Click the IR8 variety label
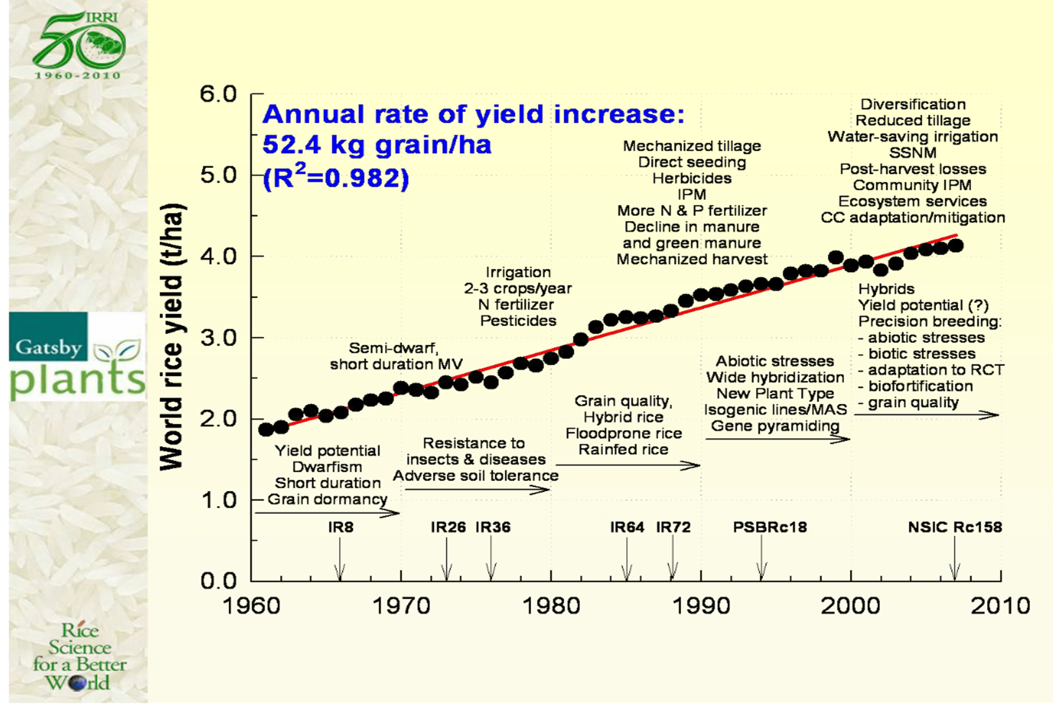click(x=340, y=527)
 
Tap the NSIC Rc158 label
click(x=954, y=527)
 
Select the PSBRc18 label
click(x=769, y=527)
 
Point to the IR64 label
click(x=627, y=527)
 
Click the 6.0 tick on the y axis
click(x=218, y=94)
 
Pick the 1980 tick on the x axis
click(x=551, y=606)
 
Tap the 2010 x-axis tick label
click(x=1000, y=606)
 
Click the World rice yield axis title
click(x=173, y=337)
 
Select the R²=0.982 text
click(x=336, y=177)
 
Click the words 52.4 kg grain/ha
click(x=377, y=145)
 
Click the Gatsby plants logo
click(x=77, y=357)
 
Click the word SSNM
click(x=912, y=153)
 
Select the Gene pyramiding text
click(x=774, y=426)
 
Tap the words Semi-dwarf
click(x=393, y=348)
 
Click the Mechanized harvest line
click(x=691, y=259)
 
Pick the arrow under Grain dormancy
click(x=327, y=513)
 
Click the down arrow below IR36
click(x=491, y=560)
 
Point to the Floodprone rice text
click(x=623, y=434)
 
